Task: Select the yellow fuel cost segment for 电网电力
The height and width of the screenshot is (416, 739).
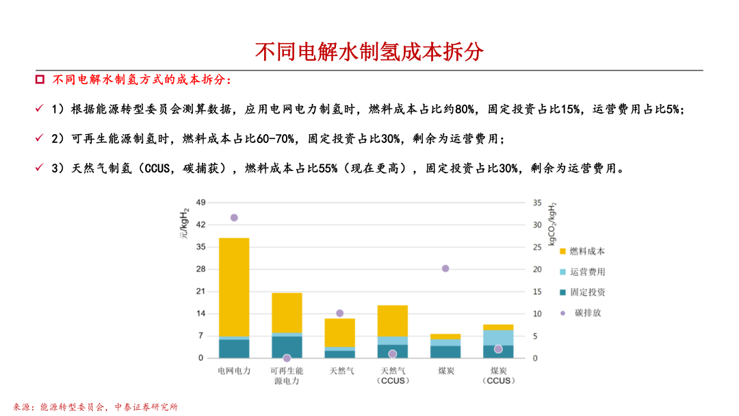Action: point(234,287)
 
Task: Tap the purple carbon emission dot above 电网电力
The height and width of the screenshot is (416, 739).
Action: point(234,218)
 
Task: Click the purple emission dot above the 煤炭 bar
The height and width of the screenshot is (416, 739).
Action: point(445,268)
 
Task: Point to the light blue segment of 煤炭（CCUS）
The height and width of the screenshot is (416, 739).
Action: point(498,337)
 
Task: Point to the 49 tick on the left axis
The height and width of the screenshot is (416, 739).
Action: point(200,203)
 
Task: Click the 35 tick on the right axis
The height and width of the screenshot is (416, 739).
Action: point(537,203)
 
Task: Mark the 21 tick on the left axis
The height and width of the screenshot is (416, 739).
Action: point(200,291)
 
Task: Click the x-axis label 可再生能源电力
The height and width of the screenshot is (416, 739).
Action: point(287,376)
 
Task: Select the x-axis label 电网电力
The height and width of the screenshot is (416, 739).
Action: point(234,371)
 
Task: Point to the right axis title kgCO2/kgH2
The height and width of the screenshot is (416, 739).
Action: point(552,224)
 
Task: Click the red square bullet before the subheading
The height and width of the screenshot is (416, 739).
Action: point(40,80)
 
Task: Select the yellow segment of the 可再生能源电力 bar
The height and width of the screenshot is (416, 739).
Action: point(287,313)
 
